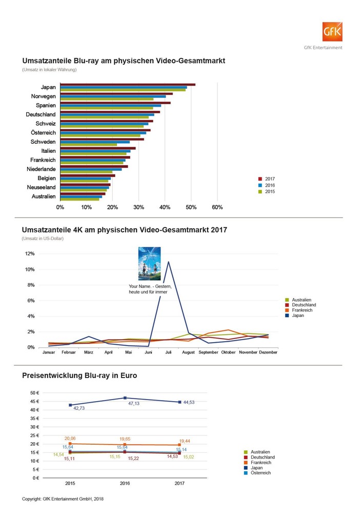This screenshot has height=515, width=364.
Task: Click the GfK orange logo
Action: coord(332,32)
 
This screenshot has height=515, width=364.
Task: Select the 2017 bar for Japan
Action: coord(128,85)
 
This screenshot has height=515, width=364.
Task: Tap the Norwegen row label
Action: coord(44,96)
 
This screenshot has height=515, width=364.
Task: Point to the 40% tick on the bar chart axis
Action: coord(165,208)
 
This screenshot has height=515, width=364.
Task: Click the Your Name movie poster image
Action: coord(150,264)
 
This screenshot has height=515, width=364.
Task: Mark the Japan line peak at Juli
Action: coord(168,262)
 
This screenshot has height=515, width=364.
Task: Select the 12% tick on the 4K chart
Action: coord(30,254)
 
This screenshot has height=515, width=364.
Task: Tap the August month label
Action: coord(189,352)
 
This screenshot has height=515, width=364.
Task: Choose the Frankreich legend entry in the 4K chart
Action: coord(303,310)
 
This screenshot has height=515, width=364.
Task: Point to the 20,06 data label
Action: coord(70,439)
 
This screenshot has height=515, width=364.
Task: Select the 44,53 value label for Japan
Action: coord(189,403)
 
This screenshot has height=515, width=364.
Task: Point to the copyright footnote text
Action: coord(63,499)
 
